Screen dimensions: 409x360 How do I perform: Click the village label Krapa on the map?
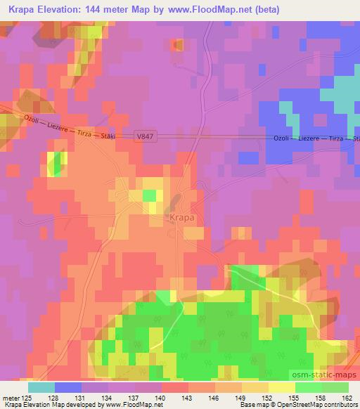(181, 218)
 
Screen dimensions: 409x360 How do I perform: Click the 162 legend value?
(344, 398)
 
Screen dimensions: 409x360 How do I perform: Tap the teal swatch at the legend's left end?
(41, 387)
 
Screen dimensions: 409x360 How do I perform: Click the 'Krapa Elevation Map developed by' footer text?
(49, 405)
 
